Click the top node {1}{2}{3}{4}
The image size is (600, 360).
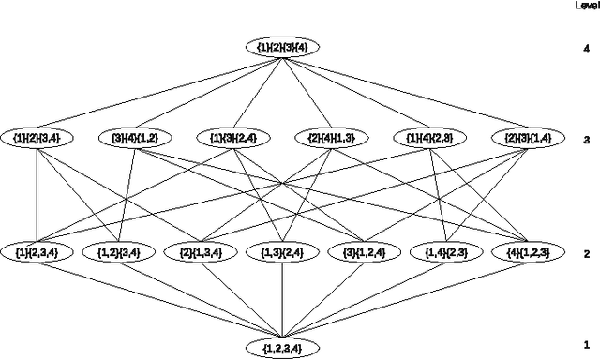tap(283, 46)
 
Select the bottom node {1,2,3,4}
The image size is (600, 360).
tap(283, 348)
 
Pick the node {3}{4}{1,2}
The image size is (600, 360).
tap(135, 138)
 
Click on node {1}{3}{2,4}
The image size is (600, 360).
tap(233, 138)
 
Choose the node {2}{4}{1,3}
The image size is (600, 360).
tap(331, 138)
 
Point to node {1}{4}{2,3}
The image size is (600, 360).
tap(429, 138)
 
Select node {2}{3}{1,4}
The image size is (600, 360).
tap(527, 138)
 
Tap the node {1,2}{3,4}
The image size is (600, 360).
tap(119, 251)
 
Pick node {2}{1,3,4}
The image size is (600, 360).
tap(200, 251)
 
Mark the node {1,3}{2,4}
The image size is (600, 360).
tap(282, 251)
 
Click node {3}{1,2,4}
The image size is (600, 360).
tap(365, 251)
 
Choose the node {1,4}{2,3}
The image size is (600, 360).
tap(446, 251)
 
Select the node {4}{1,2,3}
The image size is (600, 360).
tap(527, 251)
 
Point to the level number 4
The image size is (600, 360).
tap(586, 46)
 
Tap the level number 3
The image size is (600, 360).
tap(586, 140)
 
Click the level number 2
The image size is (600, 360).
tap(586, 253)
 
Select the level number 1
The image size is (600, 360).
tap(586, 345)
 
